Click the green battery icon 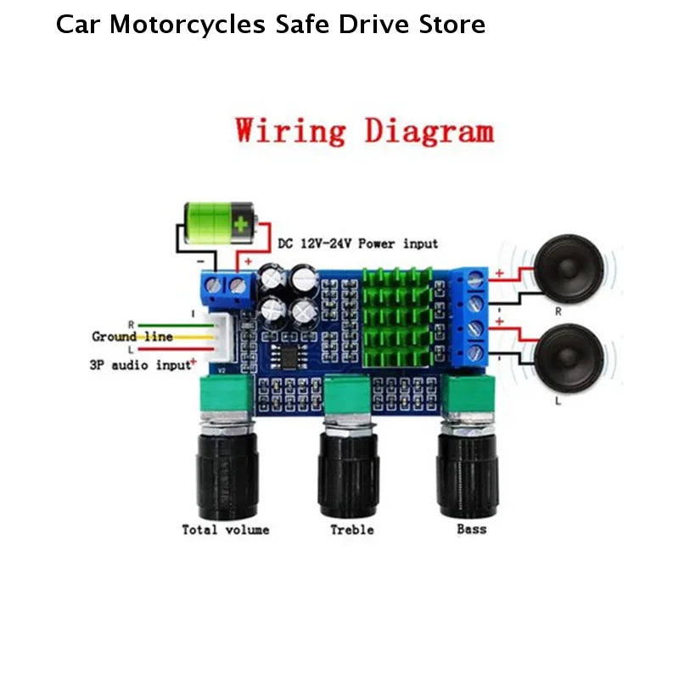point(221,223)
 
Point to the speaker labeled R point(568,269)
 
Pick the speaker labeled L point(568,358)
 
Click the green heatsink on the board point(397,317)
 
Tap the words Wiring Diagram point(365,131)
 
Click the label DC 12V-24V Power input point(357,244)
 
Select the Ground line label point(132,336)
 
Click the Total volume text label point(226,530)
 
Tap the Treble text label point(352,530)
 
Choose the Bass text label point(472,529)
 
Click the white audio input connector point(223,338)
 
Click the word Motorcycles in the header point(188,25)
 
